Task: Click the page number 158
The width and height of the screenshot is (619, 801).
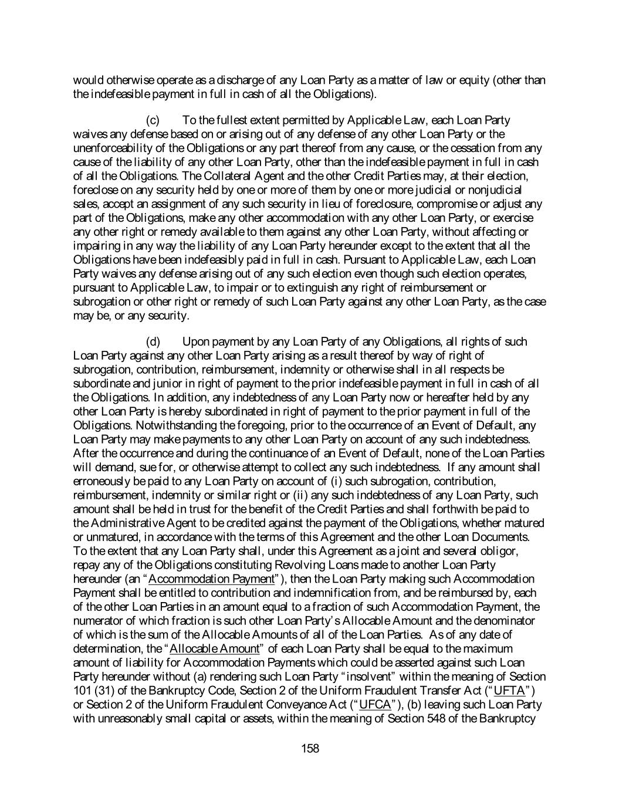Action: click(310, 748)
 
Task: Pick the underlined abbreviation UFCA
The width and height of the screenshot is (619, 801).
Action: click(375, 704)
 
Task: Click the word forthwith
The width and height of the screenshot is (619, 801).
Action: click(461, 509)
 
